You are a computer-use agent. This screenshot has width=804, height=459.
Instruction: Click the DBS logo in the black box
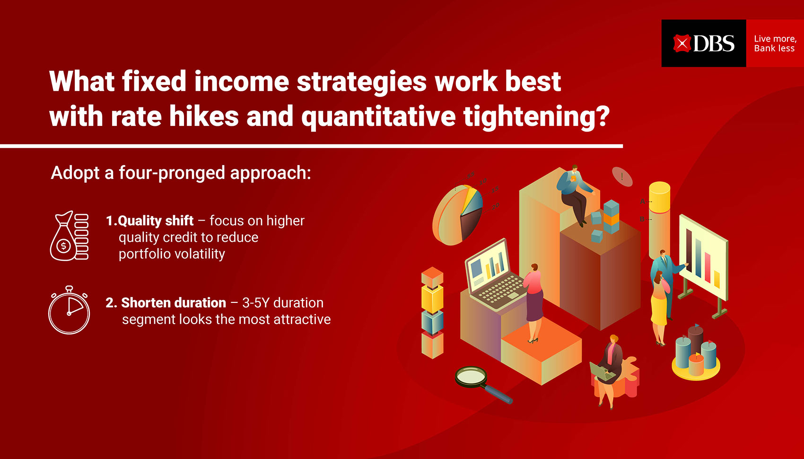[x=704, y=44]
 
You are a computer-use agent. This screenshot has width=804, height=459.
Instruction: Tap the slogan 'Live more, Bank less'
[x=775, y=44]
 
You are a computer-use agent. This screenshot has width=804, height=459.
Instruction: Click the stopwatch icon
[x=69, y=310]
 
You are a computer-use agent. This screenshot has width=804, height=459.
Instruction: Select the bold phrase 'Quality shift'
[x=156, y=221]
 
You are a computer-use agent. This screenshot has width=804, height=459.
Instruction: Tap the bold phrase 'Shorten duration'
[x=174, y=303]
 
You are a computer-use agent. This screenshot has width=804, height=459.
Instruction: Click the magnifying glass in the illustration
[x=483, y=384]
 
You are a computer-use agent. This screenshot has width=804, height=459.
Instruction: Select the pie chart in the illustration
[x=457, y=215]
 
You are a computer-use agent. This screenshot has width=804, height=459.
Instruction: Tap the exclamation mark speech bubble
[x=622, y=177]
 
